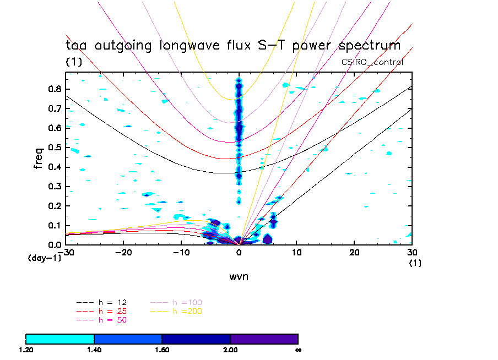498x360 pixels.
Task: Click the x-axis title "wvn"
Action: (239, 276)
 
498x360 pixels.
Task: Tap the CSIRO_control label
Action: (372, 62)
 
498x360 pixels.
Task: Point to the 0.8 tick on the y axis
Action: (55, 89)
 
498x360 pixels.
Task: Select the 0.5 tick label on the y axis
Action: (55, 148)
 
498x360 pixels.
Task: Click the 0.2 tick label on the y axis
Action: (55, 206)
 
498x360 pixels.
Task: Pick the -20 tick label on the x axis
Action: (123, 252)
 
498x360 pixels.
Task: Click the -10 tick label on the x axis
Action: (181, 252)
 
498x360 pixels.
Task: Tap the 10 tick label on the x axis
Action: (297, 252)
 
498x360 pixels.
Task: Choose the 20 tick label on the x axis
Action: (355, 252)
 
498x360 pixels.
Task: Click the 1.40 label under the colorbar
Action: (94, 350)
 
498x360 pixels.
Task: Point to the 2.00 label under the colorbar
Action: (230, 350)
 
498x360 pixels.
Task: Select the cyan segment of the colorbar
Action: (60, 339)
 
